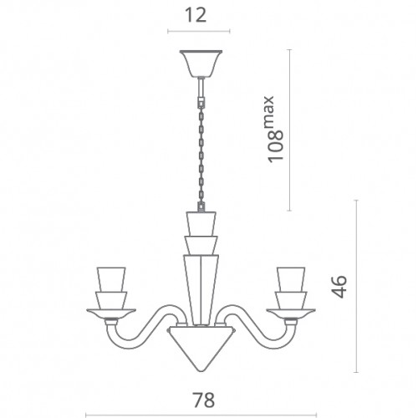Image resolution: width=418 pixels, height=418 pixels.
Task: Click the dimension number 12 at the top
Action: tap(196, 16)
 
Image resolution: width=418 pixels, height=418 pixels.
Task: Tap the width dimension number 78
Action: tap(203, 400)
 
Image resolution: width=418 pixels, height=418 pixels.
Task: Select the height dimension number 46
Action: tap(340, 287)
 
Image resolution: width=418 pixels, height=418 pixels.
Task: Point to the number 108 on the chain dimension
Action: tap(276, 145)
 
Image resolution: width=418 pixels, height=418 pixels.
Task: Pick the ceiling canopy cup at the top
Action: tap(201, 64)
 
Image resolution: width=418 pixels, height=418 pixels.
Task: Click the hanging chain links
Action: tap(201, 157)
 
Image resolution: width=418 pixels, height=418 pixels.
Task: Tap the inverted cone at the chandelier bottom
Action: tap(201, 349)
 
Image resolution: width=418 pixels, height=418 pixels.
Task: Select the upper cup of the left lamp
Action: tap(111, 279)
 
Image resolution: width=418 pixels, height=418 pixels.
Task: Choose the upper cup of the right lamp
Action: tap(291, 279)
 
